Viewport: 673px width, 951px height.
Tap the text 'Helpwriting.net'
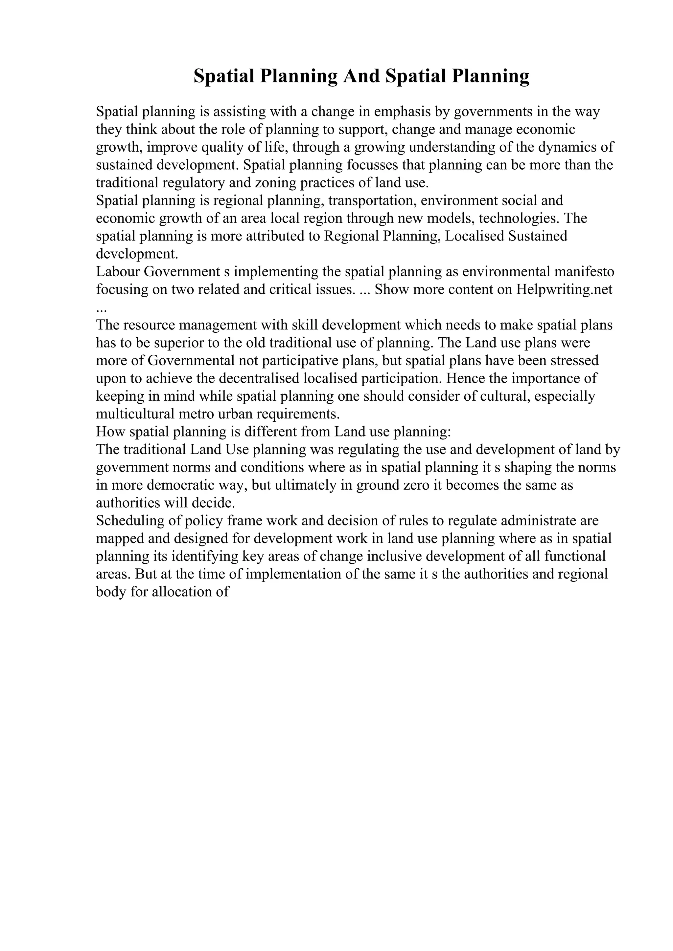(x=564, y=289)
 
